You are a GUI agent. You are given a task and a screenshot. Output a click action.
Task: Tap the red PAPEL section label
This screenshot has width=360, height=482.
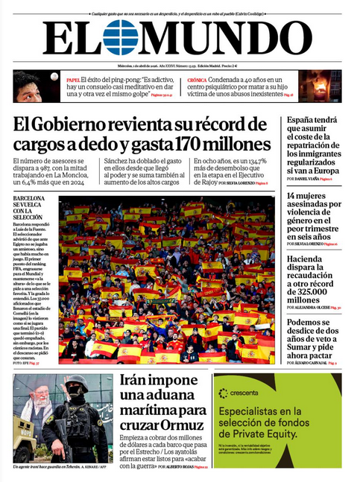[73, 79]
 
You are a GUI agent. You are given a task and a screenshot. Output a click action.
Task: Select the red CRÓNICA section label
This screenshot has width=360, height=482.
[197, 79]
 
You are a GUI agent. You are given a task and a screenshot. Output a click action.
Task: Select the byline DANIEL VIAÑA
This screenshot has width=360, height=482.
[310, 180]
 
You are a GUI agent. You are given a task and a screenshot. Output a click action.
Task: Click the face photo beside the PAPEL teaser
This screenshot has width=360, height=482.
[28, 86]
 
